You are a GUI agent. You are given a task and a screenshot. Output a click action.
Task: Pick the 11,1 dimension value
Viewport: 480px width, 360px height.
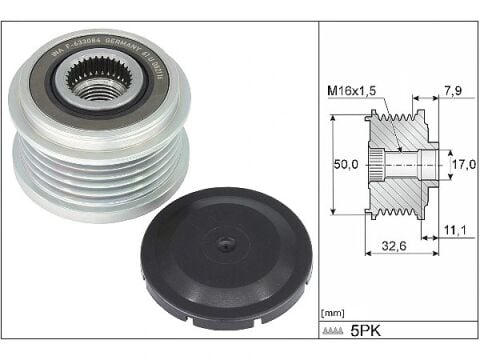(455, 229)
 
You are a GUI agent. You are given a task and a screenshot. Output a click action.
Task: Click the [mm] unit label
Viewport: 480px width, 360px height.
(331, 314)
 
